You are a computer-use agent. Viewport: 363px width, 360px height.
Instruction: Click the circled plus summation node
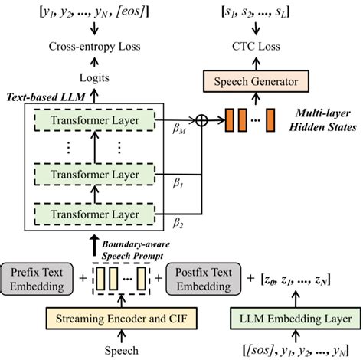tap(203, 120)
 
